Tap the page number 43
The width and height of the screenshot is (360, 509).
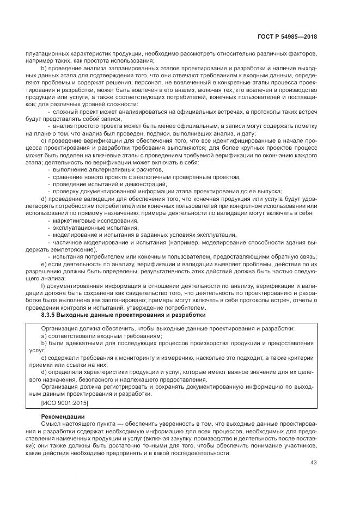pos(313,463)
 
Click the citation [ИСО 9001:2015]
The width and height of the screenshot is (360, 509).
pos(64,403)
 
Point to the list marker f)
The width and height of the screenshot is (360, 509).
pos(44,286)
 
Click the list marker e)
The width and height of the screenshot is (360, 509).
pos(44,264)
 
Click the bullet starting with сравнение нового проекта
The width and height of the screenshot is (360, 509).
pos(146,177)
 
